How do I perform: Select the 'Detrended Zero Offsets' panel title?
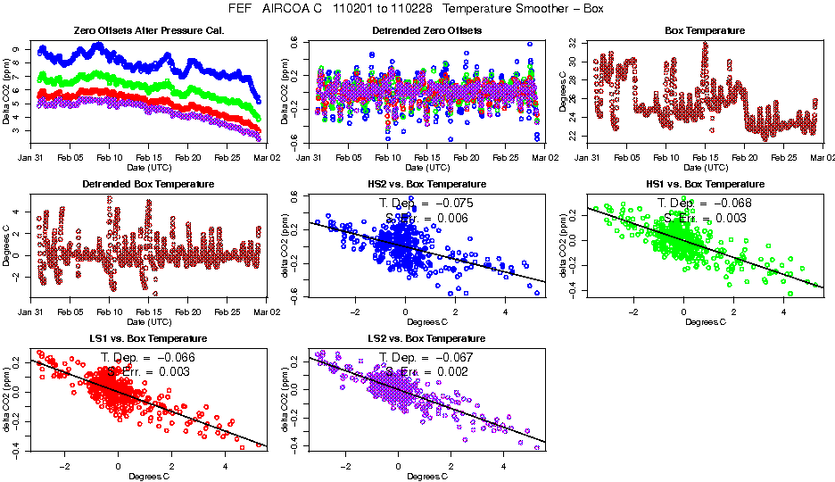[x=426, y=31]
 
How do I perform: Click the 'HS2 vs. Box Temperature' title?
[x=426, y=185]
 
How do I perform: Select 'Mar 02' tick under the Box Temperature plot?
[x=814, y=157]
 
